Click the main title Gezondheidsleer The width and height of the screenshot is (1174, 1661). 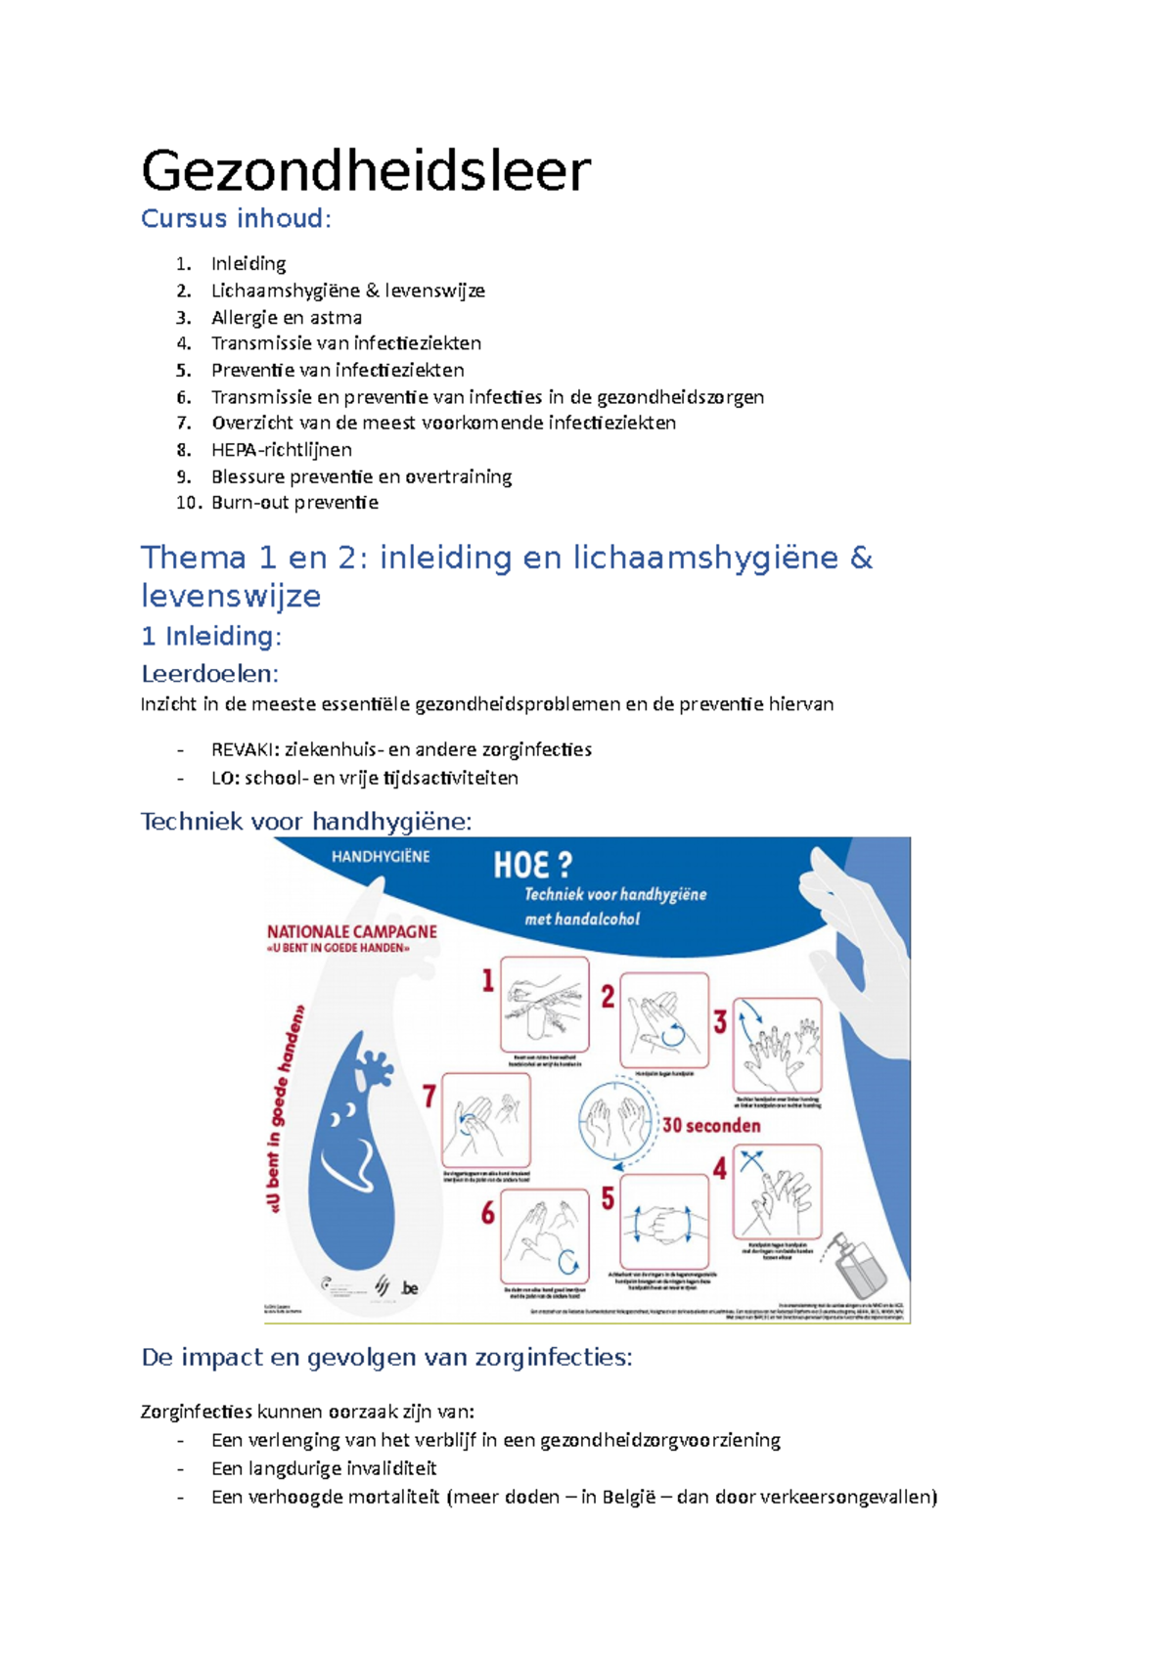(x=366, y=171)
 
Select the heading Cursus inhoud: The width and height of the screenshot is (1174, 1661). (x=236, y=218)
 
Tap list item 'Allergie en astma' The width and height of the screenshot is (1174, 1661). (x=286, y=317)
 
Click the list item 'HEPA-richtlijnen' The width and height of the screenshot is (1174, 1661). (x=281, y=450)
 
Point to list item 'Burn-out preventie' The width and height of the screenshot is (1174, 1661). (x=294, y=503)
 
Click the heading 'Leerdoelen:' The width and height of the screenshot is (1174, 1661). (x=209, y=673)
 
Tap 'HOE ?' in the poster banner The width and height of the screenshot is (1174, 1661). (x=532, y=865)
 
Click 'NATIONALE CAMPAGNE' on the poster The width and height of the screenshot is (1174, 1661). (x=352, y=931)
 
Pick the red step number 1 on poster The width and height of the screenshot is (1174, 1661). (x=487, y=980)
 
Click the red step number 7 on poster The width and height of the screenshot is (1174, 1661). (x=429, y=1096)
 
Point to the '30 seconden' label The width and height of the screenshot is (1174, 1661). (x=711, y=1126)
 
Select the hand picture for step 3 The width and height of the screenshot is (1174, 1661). (x=778, y=1045)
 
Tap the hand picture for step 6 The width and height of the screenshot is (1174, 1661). (x=544, y=1235)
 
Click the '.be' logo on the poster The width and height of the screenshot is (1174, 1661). (x=409, y=1288)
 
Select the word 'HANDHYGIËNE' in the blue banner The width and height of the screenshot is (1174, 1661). (x=381, y=857)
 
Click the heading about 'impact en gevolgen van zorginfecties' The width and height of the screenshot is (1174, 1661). (x=386, y=1357)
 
